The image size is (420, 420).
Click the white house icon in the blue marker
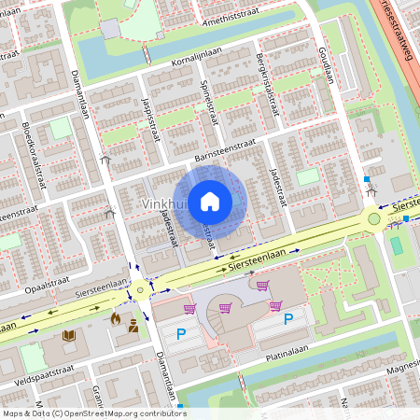pyautogui.click(x=210, y=202)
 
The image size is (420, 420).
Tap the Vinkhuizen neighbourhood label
pyautogui.click(x=163, y=203)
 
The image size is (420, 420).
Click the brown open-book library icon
pyautogui.click(x=68, y=334)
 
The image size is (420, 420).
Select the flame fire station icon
pyautogui.click(x=116, y=318)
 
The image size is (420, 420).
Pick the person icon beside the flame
pyautogui.click(x=133, y=326)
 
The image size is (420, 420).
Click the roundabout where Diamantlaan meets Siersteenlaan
pyautogui.click(x=140, y=290)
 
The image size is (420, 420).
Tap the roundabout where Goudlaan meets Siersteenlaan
pyautogui.click(x=374, y=219)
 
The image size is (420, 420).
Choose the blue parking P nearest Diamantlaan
pyautogui.click(x=182, y=333)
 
